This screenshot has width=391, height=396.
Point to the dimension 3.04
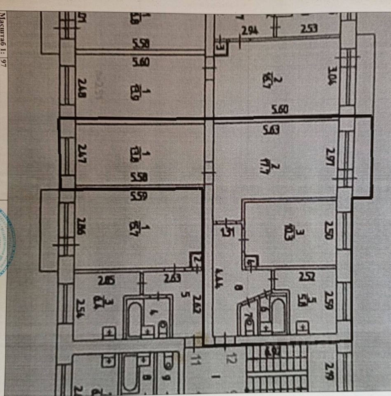pos(332,76)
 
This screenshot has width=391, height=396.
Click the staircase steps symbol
pos(276,367)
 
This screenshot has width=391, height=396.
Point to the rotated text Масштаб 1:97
pos(3,39)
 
